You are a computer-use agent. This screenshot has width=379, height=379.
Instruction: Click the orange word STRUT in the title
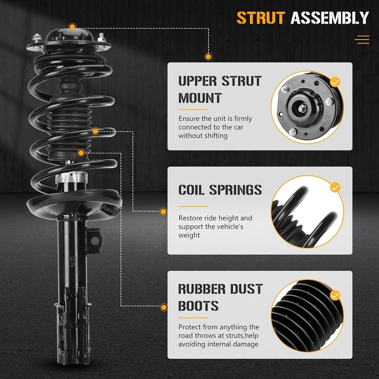tap(261, 18)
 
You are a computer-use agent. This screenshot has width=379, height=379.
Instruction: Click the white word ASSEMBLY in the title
tap(330, 18)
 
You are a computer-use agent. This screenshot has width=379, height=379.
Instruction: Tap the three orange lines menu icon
tap(362, 39)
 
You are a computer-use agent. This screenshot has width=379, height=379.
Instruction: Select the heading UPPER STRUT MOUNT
tap(220, 90)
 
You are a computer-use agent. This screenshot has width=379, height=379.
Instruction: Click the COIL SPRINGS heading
tap(220, 190)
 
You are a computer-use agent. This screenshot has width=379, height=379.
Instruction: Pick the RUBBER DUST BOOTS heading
tap(220, 297)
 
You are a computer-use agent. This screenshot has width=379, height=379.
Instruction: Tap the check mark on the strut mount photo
tap(335, 82)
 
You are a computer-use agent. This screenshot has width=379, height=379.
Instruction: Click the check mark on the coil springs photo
tap(335, 187)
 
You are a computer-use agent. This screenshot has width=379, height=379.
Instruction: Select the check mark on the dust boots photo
tap(335, 295)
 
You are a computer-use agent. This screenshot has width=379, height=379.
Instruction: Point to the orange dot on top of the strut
tap(72, 26)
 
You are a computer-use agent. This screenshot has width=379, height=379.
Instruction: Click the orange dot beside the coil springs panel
tap(163, 212)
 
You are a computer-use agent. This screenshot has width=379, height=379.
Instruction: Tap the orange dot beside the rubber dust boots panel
tap(163, 307)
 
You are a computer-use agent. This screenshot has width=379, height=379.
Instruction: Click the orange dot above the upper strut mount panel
tap(208, 56)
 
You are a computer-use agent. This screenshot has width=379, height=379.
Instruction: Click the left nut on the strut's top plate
tap(36, 38)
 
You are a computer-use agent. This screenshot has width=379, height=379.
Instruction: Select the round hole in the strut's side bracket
tap(95, 240)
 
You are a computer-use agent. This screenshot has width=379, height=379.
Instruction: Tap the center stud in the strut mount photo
tap(302, 108)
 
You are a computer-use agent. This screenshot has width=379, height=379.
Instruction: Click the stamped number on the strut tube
tap(72, 261)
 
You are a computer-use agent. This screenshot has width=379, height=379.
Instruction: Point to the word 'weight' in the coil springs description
tap(189, 235)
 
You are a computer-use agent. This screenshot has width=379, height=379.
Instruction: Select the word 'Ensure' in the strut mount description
tap(189, 119)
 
